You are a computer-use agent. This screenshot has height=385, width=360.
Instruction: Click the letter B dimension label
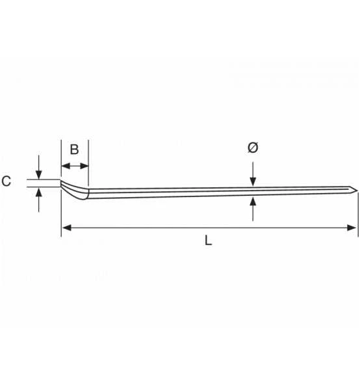point(74,150)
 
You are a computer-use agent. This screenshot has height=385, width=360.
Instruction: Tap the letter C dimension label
point(6,181)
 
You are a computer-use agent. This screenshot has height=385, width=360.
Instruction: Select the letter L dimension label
point(209,241)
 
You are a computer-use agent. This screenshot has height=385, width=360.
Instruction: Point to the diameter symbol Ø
point(253,148)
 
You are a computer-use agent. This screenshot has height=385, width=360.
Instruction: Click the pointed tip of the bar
point(356,190)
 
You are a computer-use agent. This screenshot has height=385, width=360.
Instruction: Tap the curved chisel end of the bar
point(73,191)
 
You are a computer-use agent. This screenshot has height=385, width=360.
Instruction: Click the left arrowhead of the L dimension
point(66,228)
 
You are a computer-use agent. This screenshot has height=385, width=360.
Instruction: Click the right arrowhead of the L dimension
point(352,228)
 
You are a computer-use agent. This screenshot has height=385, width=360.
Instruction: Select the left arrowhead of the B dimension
point(66,166)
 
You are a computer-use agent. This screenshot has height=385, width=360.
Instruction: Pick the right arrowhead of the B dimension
point(84,166)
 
